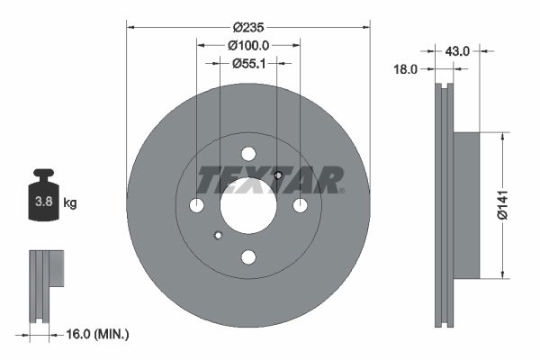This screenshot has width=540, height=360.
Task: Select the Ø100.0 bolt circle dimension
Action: tap(247, 44)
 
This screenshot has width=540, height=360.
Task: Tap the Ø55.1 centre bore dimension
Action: tap(247, 63)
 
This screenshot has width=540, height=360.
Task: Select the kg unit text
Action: tap(69, 202)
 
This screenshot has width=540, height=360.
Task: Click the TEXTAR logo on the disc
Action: tap(271, 180)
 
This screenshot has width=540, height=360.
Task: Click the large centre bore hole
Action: tap(247, 205)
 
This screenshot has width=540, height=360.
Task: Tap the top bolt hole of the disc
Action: tap(248, 154)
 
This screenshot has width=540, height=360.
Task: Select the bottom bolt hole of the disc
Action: tap(248, 257)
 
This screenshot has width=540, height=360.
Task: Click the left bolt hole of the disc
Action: tap(196, 206)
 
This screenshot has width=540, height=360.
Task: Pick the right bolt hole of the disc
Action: tap(300, 206)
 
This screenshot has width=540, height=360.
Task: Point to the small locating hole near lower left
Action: tap(218, 236)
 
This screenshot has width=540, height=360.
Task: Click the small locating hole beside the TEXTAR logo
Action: tap(278, 175)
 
